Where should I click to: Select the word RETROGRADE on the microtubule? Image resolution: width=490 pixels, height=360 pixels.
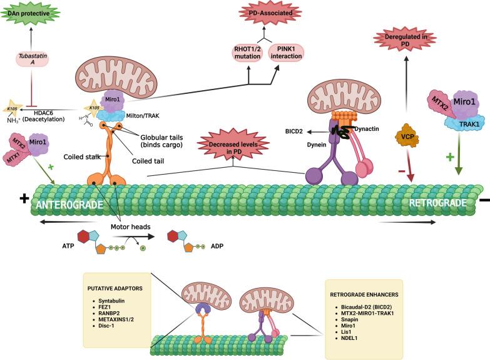point(437,203)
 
